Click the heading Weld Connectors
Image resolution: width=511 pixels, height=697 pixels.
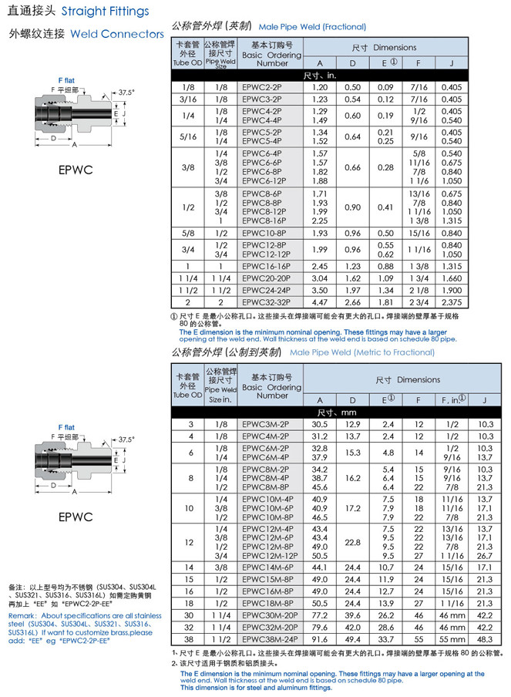click(x=116, y=34)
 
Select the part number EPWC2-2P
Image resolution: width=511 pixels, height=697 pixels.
click(x=261, y=87)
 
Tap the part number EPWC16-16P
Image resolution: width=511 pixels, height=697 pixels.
click(x=266, y=265)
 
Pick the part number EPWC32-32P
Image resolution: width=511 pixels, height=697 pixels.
click(x=266, y=302)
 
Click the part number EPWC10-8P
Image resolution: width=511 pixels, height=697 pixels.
click(x=264, y=233)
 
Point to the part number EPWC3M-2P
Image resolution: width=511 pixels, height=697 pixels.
click(x=264, y=424)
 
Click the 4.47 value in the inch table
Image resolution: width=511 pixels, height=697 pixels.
click(x=319, y=302)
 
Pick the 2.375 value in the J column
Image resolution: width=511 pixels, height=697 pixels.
click(x=452, y=302)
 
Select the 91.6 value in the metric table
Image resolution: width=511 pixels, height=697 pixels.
click(x=319, y=639)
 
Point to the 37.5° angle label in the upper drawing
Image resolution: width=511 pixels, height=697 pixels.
click(x=126, y=93)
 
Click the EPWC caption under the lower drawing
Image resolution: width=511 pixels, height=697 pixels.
click(x=76, y=517)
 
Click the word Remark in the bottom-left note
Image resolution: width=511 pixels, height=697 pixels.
click(x=22, y=615)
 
